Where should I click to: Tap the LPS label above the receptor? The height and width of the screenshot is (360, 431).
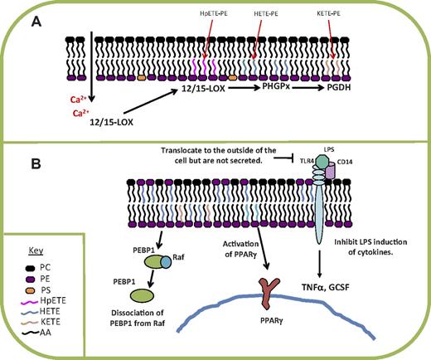(328, 153)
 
